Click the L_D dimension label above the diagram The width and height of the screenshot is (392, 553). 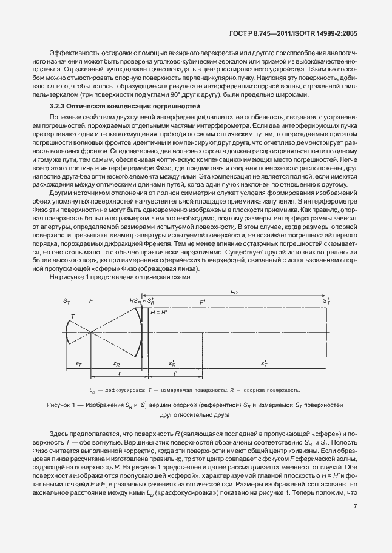coord(234,291)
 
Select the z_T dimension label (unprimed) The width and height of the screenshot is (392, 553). coord(78,363)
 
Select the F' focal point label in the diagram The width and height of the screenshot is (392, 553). coord(202,301)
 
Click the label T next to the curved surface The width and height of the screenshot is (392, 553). coord(73,316)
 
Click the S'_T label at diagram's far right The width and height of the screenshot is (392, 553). coord(326,300)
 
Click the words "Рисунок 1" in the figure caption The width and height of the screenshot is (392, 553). coord(60,403)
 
